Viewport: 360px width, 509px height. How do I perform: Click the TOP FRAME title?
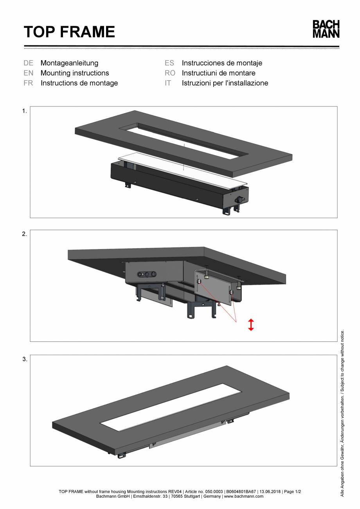click(x=69, y=32)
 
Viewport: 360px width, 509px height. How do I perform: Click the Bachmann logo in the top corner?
click(x=326, y=29)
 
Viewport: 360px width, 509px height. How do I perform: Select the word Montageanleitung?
click(x=69, y=63)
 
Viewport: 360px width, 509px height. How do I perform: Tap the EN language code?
click(x=28, y=73)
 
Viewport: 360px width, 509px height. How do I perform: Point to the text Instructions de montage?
click(x=79, y=83)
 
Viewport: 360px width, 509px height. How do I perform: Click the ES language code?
click(x=169, y=63)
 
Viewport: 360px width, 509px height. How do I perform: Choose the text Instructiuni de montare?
click(x=218, y=73)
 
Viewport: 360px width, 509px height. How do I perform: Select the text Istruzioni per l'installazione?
click(x=225, y=83)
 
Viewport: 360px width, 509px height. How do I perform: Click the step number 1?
click(x=24, y=111)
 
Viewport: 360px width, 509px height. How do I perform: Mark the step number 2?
click(x=24, y=235)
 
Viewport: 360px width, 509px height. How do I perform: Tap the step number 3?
click(x=24, y=359)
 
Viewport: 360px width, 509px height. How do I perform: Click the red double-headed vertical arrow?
click(x=251, y=325)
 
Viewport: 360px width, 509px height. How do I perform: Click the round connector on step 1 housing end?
click(x=238, y=199)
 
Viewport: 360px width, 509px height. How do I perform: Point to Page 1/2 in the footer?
click(x=292, y=491)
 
